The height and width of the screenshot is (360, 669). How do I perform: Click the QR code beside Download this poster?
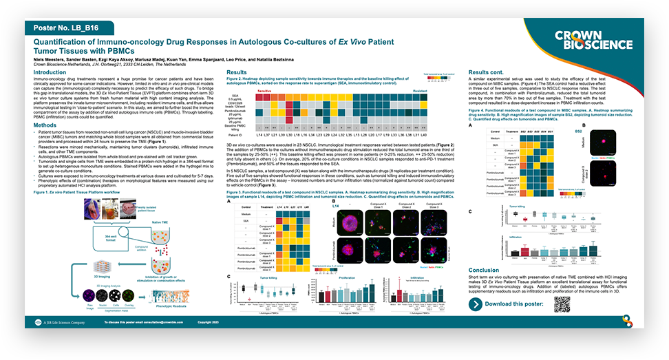[564, 304]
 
